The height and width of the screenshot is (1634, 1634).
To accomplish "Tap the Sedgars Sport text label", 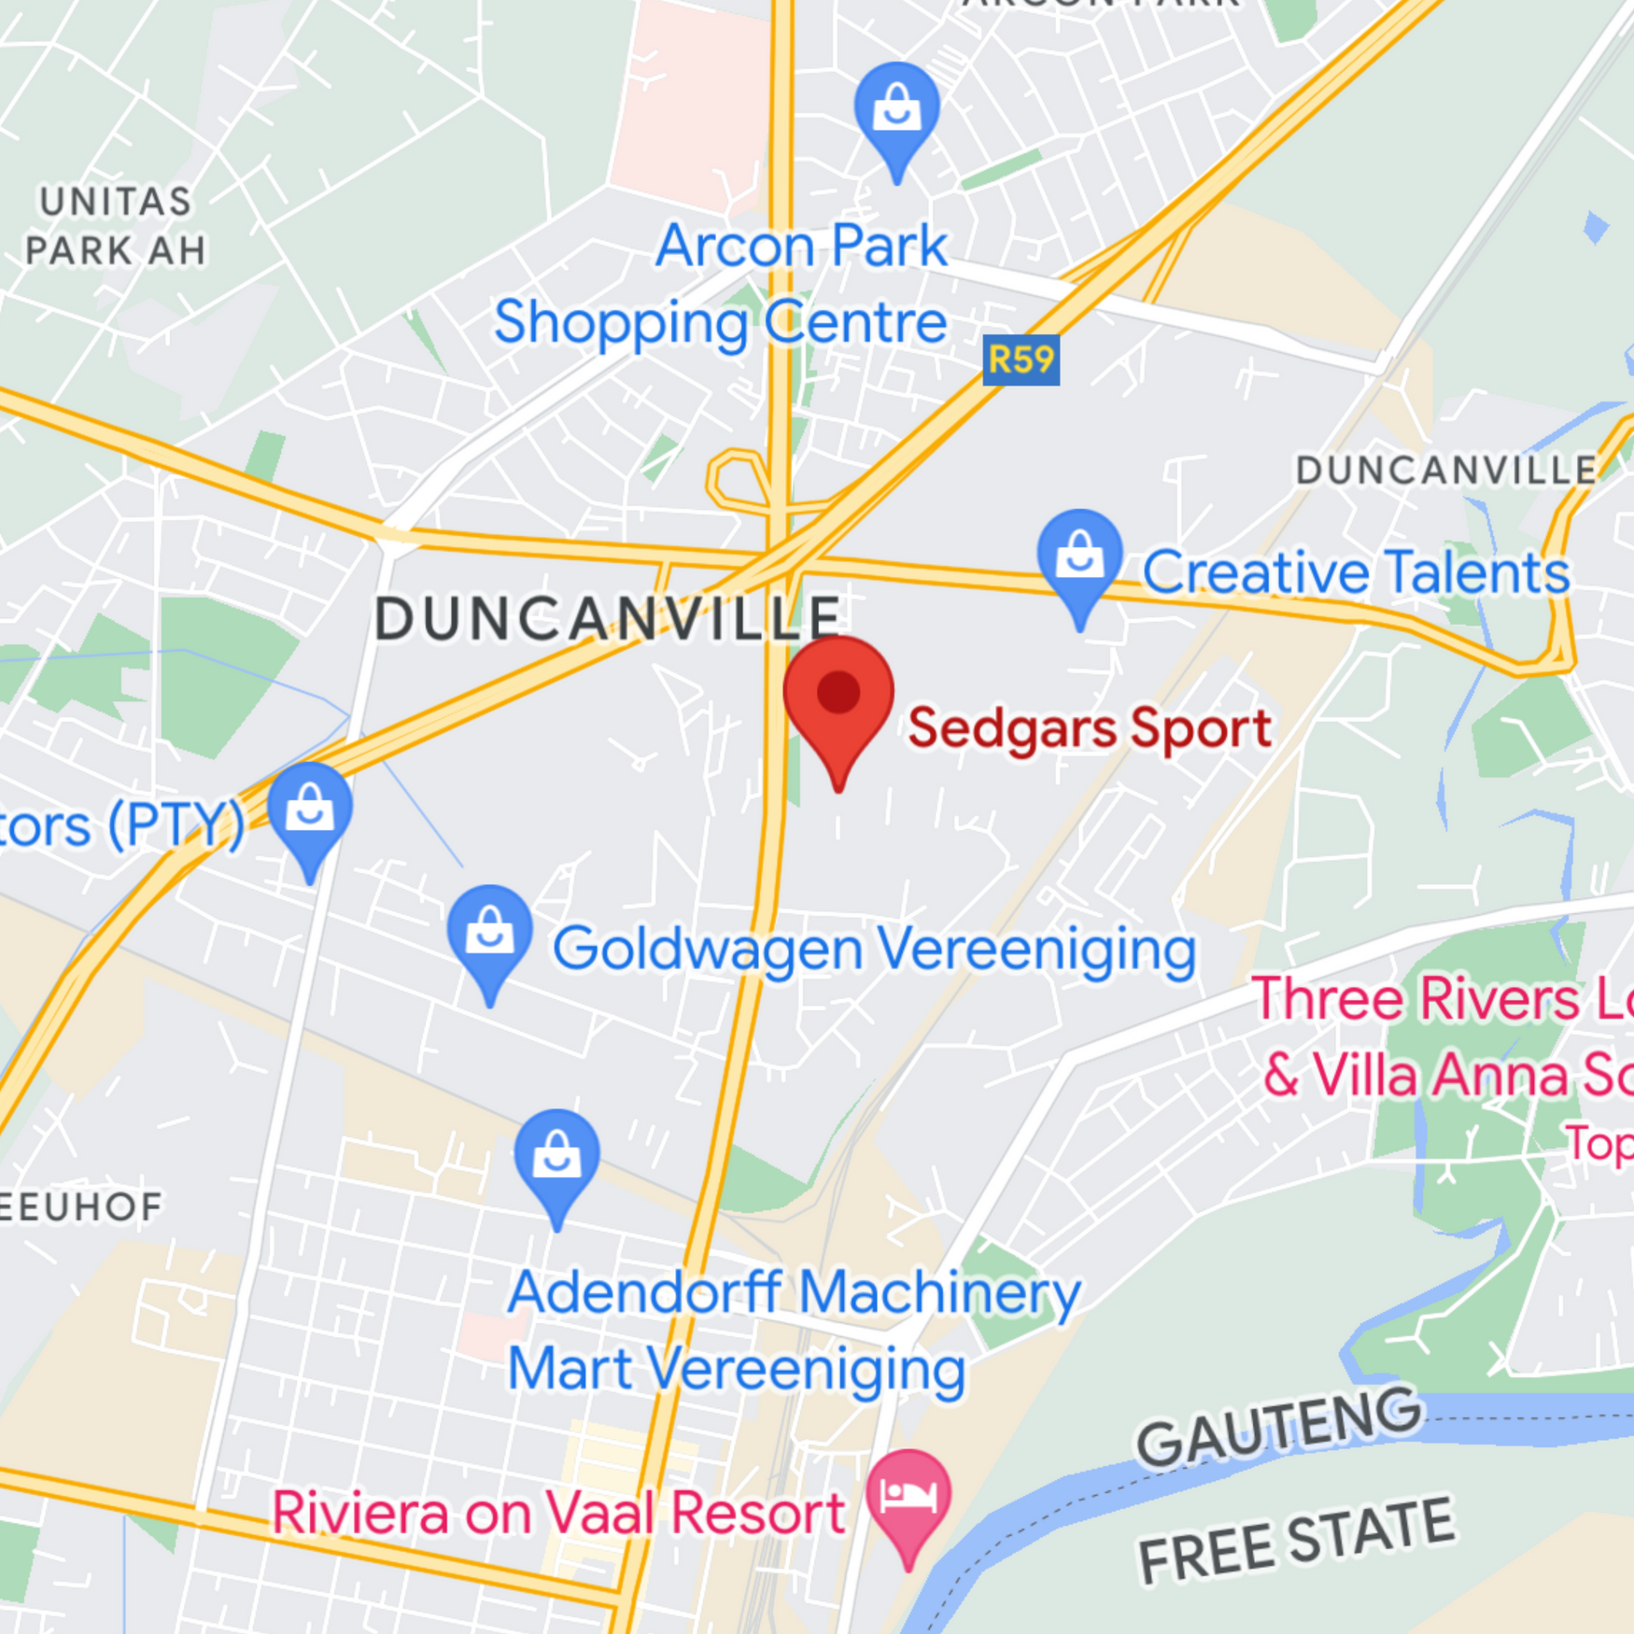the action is pyautogui.click(x=1089, y=728).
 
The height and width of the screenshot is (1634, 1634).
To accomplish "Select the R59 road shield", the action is pyautogui.click(x=1021, y=359).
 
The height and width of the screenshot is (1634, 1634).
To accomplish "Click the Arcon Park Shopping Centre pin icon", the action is pyautogui.click(x=896, y=111).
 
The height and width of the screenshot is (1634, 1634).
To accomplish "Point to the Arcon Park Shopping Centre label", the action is pyautogui.click(x=720, y=284).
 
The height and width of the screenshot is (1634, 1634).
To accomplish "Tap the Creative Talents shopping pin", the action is pyautogui.click(x=1079, y=558).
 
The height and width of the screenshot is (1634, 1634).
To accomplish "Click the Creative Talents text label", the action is pyautogui.click(x=1355, y=571).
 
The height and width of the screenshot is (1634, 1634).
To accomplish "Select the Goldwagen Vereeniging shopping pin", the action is pyautogui.click(x=489, y=934).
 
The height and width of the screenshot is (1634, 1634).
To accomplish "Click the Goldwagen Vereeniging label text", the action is pyautogui.click(x=874, y=950).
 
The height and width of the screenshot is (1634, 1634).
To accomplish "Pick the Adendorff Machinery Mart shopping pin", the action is pyautogui.click(x=556, y=1158).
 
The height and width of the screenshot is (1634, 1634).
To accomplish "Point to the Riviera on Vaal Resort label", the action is pyautogui.click(x=558, y=1513).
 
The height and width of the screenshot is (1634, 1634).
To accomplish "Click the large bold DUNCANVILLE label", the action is pyautogui.click(x=608, y=619).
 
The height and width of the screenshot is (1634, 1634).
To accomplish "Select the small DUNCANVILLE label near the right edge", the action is pyautogui.click(x=1445, y=471).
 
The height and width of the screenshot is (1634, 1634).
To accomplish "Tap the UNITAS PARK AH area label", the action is pyautogui.click(x=115, y=226).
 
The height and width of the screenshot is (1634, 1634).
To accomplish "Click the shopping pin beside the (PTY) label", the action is pyautogui.click(x=310, y=810).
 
